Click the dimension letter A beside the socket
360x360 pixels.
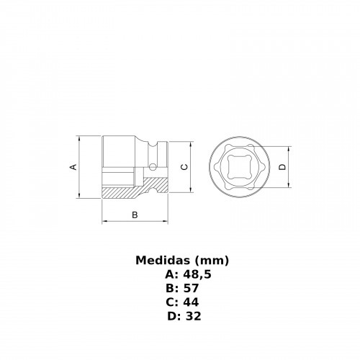(73, 166)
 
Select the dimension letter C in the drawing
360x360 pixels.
(184, 166)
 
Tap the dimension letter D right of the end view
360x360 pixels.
(283, 166)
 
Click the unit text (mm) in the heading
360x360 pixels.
(210, 260)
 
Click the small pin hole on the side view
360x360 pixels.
(154, 165)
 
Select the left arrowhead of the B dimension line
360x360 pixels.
(105, 222)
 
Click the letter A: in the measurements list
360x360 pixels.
(170, 274)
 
